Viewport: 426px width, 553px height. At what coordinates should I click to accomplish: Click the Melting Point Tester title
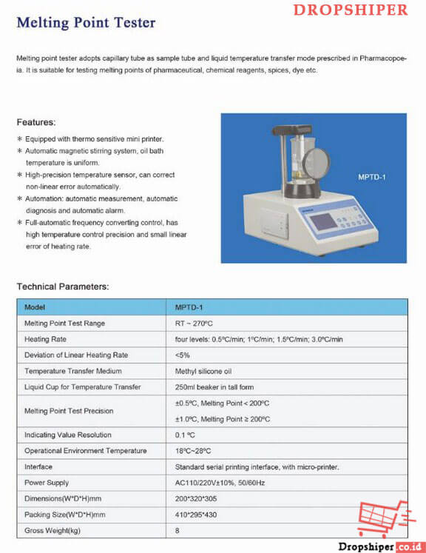[x=86, y=23]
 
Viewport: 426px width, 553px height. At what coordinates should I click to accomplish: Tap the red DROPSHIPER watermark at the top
[x=351, y=10]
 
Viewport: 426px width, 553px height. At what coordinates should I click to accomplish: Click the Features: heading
[x=36, y=122]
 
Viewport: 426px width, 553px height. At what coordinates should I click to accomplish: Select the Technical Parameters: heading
[x=63, y=286]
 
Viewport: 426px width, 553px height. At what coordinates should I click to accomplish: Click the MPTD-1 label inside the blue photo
[x=372, y=177]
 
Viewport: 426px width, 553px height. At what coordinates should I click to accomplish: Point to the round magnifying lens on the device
[x=316, y=162]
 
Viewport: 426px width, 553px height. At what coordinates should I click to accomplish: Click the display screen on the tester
[x=322, y=222]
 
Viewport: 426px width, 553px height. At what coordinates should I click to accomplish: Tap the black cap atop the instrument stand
[x=291, y=130]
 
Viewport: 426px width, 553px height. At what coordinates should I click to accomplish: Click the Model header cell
[x=35, y=307]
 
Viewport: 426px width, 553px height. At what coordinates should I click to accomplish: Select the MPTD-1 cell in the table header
[x=189, y=307]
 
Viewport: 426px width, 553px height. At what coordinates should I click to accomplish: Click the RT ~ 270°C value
[x=194, y=324]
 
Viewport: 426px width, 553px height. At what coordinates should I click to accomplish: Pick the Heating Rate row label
[x=45, y=339]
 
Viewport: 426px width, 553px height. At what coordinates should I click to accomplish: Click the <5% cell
[x=182, y=355]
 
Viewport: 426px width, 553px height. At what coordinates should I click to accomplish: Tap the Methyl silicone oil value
[x=203, y=372]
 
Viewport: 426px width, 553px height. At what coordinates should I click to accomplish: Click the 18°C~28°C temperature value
[x=193, y=451]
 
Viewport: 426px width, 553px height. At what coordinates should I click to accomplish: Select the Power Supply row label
[x=47, y=483]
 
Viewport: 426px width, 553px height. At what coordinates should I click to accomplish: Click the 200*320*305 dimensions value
[x=196, y=499]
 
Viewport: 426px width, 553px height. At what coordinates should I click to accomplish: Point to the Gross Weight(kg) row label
[x=53, y=531]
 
